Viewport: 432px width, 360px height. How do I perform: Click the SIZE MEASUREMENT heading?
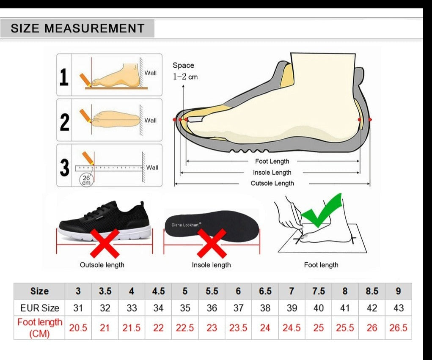pos(77,28)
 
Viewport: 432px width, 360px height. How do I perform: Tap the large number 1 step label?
pos(64,77)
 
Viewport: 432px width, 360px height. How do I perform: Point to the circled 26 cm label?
pos(86,180)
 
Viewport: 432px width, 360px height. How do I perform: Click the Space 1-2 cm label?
pos(185,71)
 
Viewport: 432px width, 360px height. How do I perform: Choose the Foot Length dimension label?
pos(272,161)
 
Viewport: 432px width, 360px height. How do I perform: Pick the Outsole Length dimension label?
pos(272,183)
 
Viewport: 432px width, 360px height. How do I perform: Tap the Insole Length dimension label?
pos(272,173)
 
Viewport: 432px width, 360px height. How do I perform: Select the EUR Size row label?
pos(40,308)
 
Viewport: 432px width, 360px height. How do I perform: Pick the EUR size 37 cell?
pos(238,308)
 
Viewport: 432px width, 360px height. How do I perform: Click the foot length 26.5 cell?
pos(398,328)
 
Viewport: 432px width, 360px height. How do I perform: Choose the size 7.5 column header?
pos(319,291)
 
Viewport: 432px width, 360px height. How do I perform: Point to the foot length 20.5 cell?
pos(78,328)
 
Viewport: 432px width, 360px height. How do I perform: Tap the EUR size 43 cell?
pos(399,308)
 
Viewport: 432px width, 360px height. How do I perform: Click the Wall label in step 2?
pos(151,121)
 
